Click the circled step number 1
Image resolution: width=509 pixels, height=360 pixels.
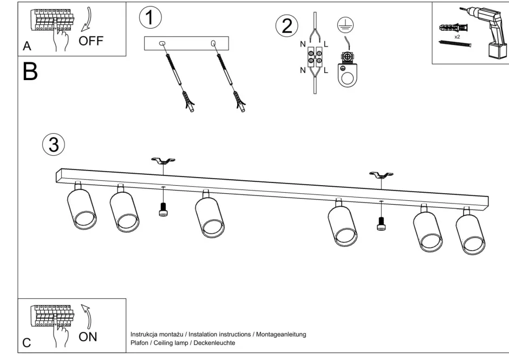pyautogui.click(x=150, y=17)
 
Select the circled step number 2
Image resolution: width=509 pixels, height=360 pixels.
pyautogui.click(x=286, y=25)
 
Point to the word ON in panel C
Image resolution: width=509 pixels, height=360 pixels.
pyautogui.click(x=89, y=337)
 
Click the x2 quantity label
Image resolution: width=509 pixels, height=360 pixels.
pyautogui.click(x=457, y=37)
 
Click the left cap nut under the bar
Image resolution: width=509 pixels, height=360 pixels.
pyautogui.click(x=162, y=210)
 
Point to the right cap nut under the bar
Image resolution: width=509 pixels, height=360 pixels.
pyautogui.click(x=381, y=223)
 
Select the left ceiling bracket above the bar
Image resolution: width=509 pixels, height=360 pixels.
pyautogui.click(x=163, y=161)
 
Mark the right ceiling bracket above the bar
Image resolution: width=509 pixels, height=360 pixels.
pyautogui.click(x=381, y=174)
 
